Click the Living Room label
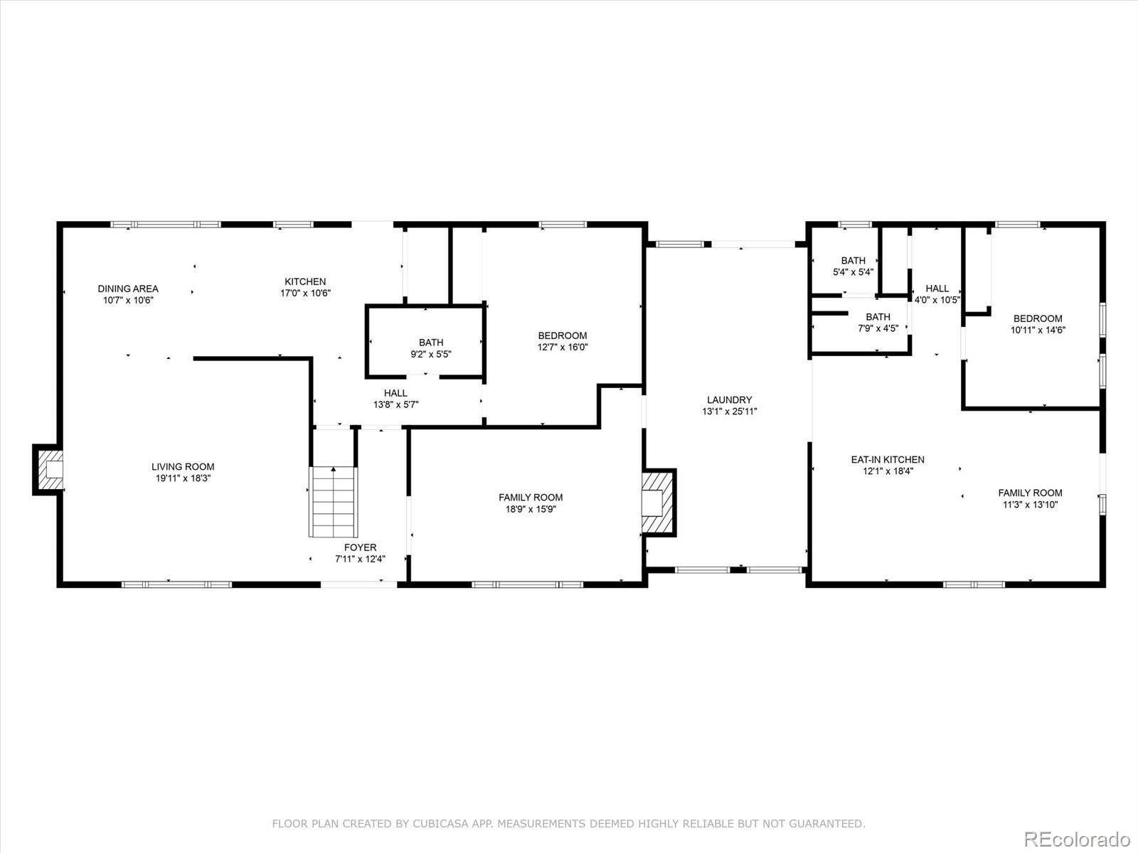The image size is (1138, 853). pyautogui.click(x=183, y=467)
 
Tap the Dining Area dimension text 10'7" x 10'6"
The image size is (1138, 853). pyautogui.click(x=128, y=300)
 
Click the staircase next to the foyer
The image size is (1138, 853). pyautogui.click(x=332, y=501)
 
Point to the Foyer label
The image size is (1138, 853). pyautogui.click(x=361, y=547)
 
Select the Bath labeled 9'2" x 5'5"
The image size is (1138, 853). pyautogui.click(x=431, y=348)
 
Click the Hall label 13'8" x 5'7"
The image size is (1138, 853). pyautogui.click(x=396, y=398)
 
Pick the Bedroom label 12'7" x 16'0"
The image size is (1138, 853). pyautogui.click(x=563, y=341)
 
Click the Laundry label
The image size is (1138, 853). pyautogui.click(x=729, y=400)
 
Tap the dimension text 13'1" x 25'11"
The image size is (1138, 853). pyautogui.click(x=729, y=412)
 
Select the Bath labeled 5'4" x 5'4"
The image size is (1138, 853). pyautogui.click(x=853, y=266)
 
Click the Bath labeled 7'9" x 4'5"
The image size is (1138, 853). pyautogui.click(x=878, y=322)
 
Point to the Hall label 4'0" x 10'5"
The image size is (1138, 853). pyautogui.click(x=937, y=294)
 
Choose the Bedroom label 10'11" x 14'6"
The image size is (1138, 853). pyautogui.click(x=1038, y=324)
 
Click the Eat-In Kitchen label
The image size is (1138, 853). pyautogui.click(x=888, y=460)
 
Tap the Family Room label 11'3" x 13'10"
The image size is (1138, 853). pyautogui.click(x=1030, y=498)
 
